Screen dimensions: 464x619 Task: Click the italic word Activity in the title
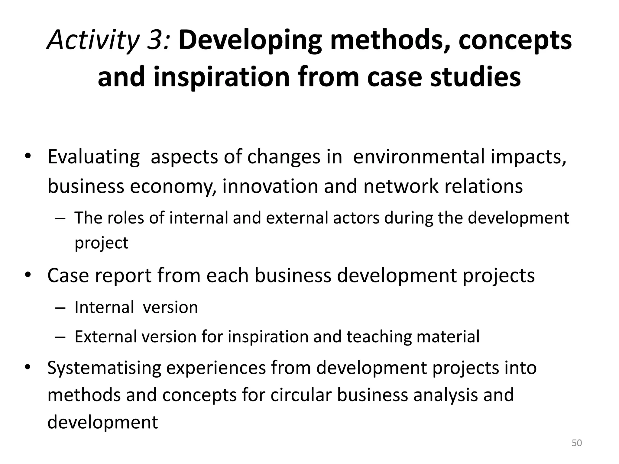(x=93, y=40)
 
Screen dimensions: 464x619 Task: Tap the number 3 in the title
(x=157, y=40)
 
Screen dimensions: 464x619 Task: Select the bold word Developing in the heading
(x=250, y=40)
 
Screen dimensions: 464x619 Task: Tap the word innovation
(x=270, y=186)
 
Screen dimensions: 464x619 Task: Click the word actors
(x=356, y=218)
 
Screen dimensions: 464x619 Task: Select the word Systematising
(x=104, y=368)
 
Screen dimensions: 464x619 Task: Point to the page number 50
(x=577, y=443)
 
